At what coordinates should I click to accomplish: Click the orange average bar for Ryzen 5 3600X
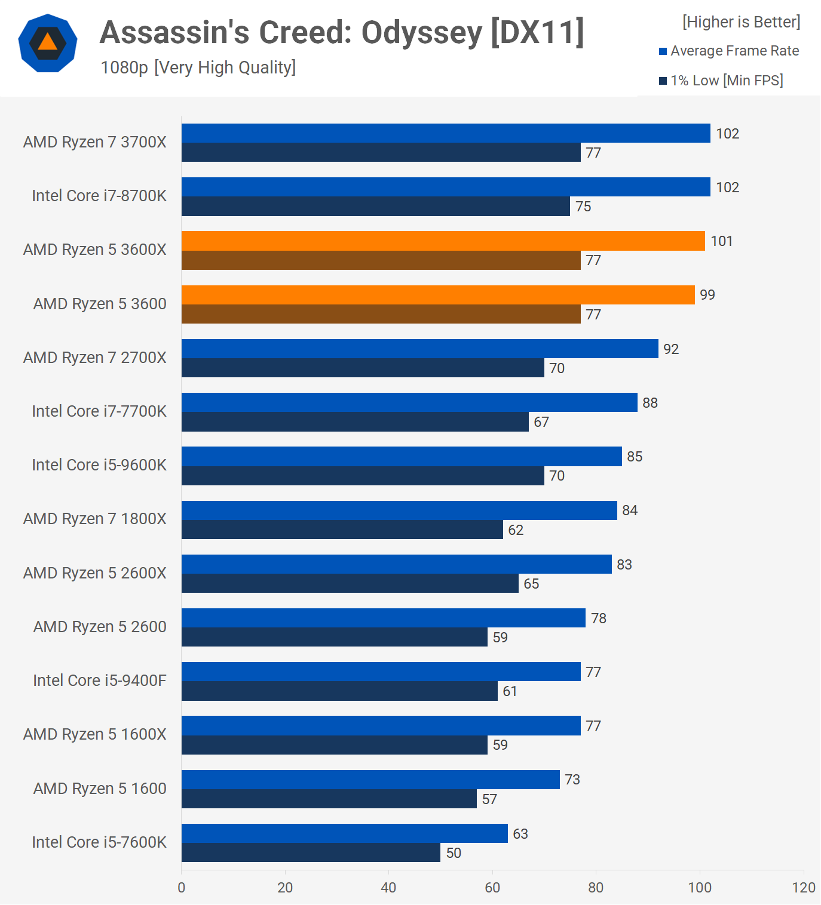443,241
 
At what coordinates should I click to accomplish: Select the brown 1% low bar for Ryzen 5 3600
381,314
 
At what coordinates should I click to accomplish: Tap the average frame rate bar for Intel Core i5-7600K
344,833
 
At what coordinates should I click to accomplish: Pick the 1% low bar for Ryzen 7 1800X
342,530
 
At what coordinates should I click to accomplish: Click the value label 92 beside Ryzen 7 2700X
671,349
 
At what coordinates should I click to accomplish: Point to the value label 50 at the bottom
454,853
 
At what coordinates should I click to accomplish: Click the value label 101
721,241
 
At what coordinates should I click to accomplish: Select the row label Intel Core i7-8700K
99,196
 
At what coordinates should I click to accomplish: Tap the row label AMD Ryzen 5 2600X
94,573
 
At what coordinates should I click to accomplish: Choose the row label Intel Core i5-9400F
99,681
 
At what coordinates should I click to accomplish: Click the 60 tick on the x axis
492,888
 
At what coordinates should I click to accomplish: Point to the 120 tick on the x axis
804,888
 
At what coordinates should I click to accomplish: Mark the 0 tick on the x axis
182,888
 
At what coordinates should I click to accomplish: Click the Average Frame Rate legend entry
734,51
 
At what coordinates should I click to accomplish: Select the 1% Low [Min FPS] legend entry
726,81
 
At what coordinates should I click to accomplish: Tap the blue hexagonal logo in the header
48,43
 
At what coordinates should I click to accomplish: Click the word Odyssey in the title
422,33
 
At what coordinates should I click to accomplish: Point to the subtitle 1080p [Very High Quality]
198,67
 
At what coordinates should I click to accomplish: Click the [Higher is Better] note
741,22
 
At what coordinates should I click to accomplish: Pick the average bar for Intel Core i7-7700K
409,402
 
